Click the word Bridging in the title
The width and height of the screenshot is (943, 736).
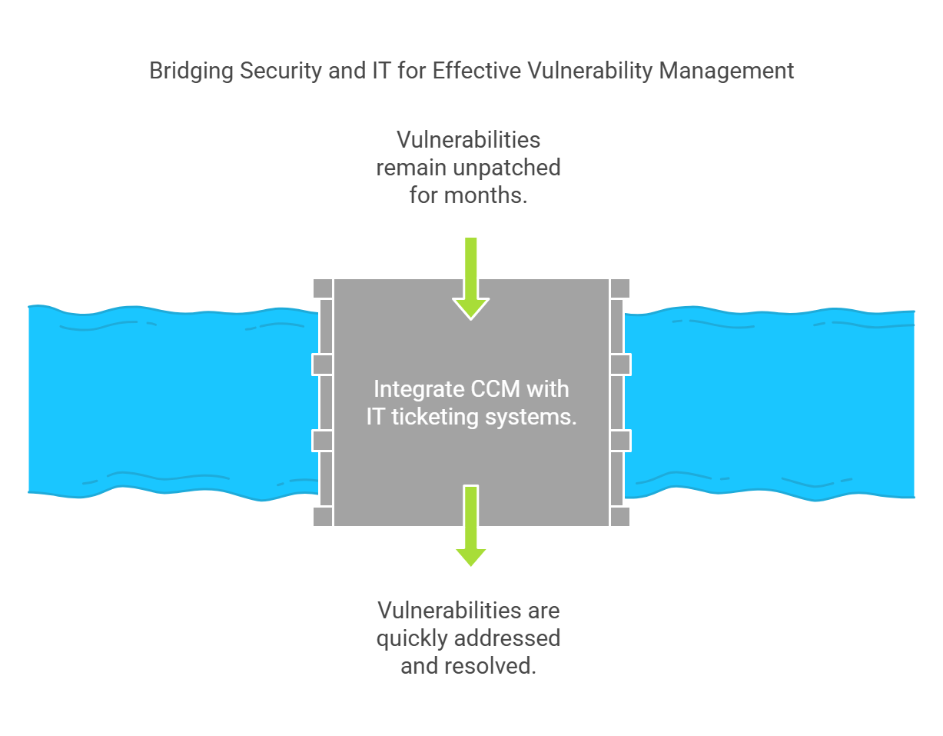(191, 72)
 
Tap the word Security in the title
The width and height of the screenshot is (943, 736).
(281, 72)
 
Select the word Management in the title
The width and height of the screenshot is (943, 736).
(726, 70)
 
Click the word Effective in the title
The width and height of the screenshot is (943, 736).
(476, 70)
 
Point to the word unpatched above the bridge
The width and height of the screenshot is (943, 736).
(506, 168)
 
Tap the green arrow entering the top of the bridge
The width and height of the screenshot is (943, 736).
(470, 278)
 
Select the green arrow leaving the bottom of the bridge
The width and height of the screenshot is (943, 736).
(470, 525)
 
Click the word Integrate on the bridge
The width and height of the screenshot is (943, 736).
(419, 389)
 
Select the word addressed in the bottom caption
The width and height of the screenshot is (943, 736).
(507, 638)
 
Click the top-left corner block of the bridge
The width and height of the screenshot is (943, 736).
(323, 288)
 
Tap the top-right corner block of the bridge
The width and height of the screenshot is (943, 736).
(619, 288)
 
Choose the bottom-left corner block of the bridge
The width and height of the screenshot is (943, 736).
(323, 517)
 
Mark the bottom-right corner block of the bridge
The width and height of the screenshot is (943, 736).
(619, 517)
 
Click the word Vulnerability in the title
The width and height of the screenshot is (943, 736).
(589, 72)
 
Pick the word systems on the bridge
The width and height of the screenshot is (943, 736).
(531, 418)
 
